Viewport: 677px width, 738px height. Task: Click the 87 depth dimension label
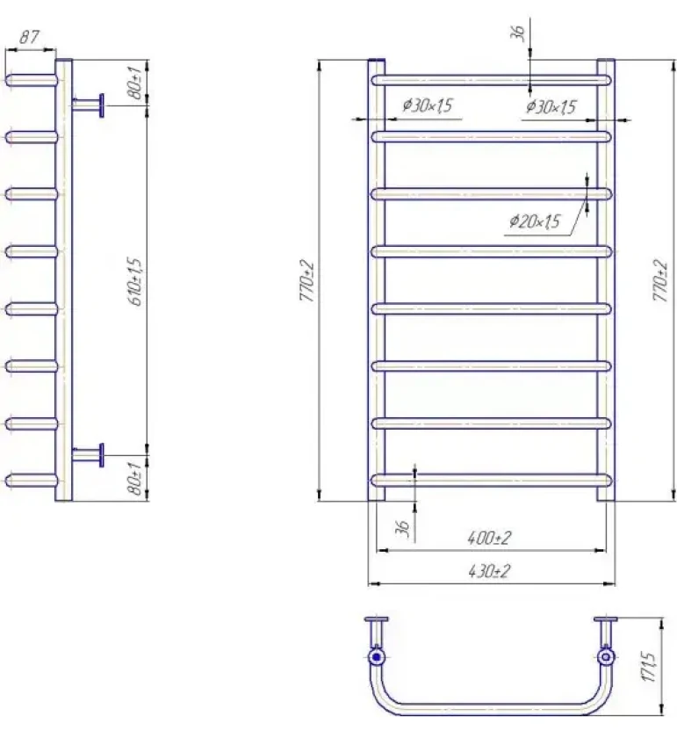click(29, 37)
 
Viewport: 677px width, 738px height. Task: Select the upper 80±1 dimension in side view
click(135, 83)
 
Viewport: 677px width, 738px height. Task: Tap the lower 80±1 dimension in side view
click(135, 478)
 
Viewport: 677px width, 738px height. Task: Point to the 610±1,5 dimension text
click(135, 281)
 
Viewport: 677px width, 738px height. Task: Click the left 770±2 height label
click(306, 280)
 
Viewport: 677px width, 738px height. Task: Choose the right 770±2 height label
click(660, 280)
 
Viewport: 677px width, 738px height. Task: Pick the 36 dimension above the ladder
click(517, 33)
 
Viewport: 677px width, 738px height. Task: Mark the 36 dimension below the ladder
click(402, 528)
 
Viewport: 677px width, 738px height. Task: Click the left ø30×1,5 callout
click(427, 105)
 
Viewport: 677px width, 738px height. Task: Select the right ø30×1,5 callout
click(551, 107)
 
